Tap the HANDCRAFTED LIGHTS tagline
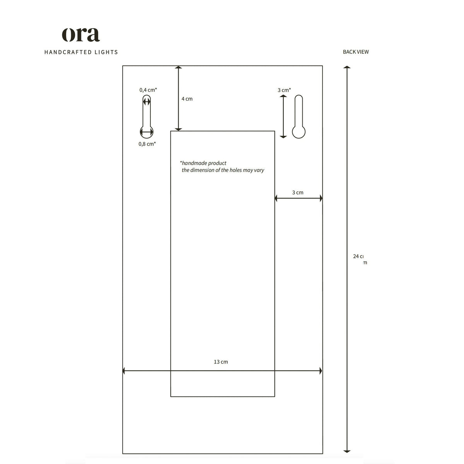(81, 52)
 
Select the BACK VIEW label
(356, 52)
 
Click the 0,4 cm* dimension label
(148, 90)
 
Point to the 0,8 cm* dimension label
(147, 144)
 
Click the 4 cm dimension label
(187, 99)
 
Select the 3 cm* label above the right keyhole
(284, 90)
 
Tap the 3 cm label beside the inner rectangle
(298, 192)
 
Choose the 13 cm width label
(221, 362)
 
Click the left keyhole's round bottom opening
(147, 132)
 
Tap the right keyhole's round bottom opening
(299, 132)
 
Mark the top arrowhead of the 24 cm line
(347, 68)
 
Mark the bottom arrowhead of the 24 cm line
(347, 450)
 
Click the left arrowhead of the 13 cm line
(124, 371)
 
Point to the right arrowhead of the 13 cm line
(321, 371)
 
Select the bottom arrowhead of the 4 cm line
(178, 129)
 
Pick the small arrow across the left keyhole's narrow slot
(147, 102)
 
